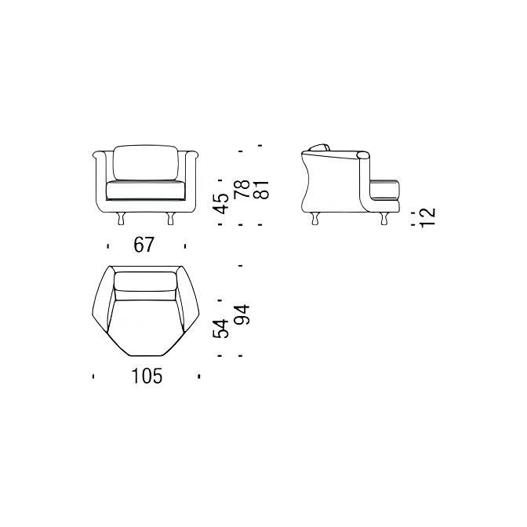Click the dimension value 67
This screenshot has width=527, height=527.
(x=144, y=245)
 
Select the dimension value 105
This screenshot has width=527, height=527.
(x=147, y=376)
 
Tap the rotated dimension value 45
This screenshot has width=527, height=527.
(x=222, y=203)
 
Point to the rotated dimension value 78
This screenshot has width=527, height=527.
(x=242, y=189)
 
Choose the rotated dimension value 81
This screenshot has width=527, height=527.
(x=261, y=190)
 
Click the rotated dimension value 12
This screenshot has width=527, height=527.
(x=428, y=217)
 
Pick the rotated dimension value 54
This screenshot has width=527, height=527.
(x=221, y=329)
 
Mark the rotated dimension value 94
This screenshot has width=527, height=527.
(x=242, y=314)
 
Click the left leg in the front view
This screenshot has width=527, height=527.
(x=121, y=219)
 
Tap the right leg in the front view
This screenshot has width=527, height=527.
(x=171, y=219)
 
